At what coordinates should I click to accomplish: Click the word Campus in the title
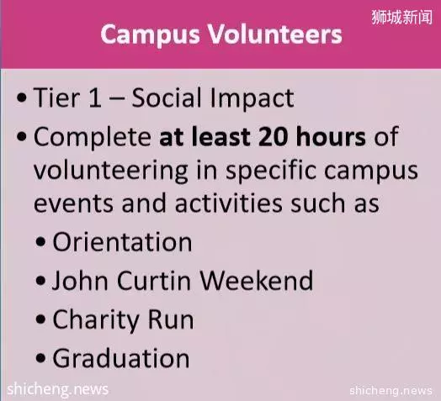point(150,35)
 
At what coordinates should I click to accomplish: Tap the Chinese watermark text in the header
point(402,17)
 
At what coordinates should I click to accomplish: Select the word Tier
point(56,98)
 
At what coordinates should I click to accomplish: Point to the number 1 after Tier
point(95,98)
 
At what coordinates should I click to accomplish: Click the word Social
point(167,98)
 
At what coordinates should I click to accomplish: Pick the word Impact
point(252,98)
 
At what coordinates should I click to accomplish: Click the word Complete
point(93,137)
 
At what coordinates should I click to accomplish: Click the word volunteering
point(111,171)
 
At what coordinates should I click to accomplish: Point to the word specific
point(271,171)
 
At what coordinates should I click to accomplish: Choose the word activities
point(228,203)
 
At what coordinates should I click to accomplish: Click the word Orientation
point(122,241)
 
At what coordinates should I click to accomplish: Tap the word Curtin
point(154,280)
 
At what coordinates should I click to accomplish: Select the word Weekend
point(256,280)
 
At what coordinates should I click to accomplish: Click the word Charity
point(96,319)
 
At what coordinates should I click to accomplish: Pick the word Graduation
point(121,358)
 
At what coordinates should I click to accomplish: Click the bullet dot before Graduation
point(40,358)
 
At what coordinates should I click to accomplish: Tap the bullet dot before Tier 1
point(22,98)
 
